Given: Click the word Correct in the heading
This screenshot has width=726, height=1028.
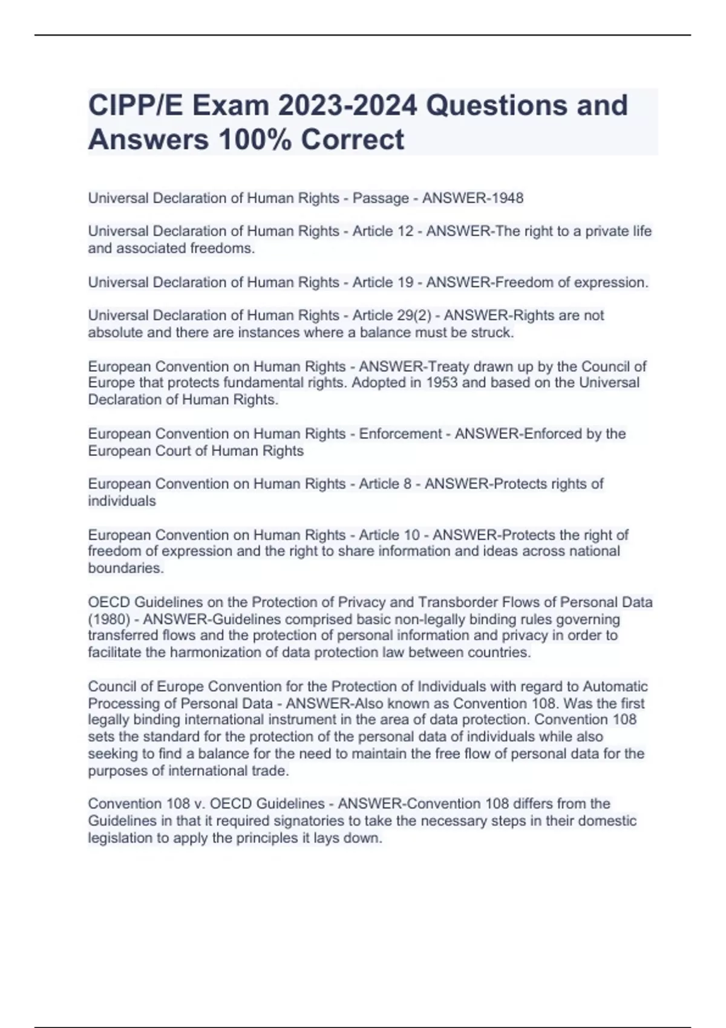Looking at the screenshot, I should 352,140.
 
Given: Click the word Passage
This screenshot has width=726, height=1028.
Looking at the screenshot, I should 381,198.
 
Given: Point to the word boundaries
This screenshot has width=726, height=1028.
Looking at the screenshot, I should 125,568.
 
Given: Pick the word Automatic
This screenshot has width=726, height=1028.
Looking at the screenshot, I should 615,687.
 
